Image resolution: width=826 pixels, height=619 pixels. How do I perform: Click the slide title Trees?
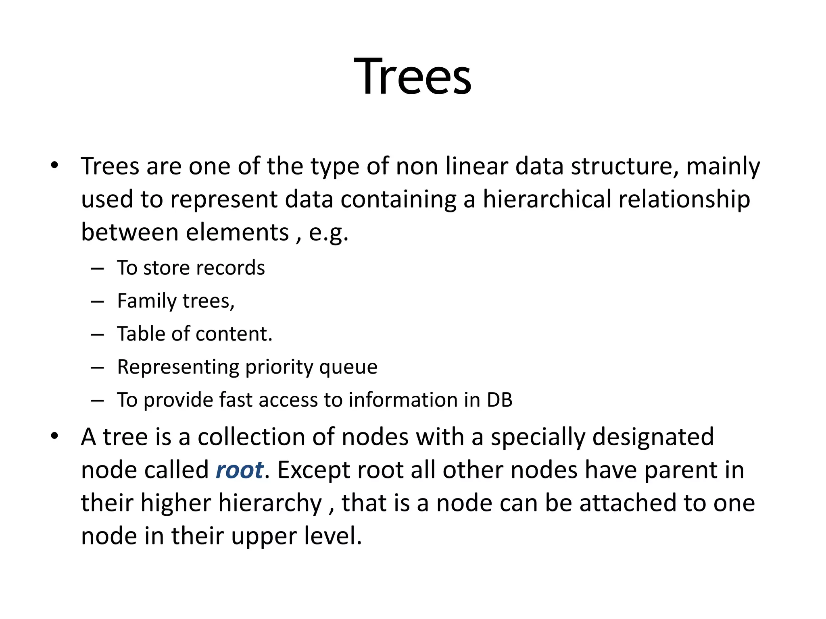point(413,77)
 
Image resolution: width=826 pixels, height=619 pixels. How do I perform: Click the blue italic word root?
point(240,470)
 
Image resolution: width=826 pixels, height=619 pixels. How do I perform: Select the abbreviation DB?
point(499,400)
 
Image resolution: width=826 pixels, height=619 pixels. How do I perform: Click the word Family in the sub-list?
point(147,301)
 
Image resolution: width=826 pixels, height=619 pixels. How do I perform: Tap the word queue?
point(348,368)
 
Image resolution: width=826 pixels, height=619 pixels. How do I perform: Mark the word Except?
point(313,470)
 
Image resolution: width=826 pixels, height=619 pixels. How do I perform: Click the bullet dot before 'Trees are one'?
point(55,166)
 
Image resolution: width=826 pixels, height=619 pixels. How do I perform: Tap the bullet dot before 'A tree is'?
point(55,436)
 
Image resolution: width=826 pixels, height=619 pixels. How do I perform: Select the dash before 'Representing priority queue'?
point(97,368)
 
